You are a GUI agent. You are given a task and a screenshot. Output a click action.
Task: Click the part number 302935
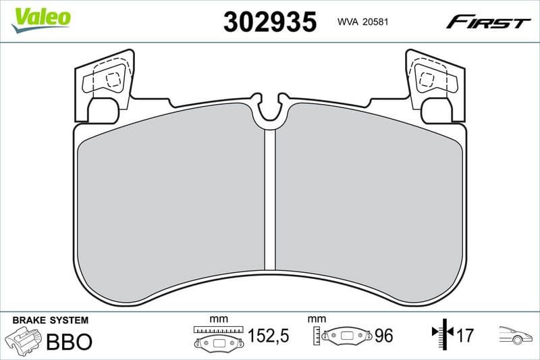tap(269, 22)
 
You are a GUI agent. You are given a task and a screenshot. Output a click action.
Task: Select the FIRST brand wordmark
tap(488, 23)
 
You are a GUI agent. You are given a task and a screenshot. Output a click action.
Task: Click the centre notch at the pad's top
tap(271, 108)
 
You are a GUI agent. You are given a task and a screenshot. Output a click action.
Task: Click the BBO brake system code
tap(68, 341)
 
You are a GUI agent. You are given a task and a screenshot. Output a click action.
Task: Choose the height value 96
tap(383, 336)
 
